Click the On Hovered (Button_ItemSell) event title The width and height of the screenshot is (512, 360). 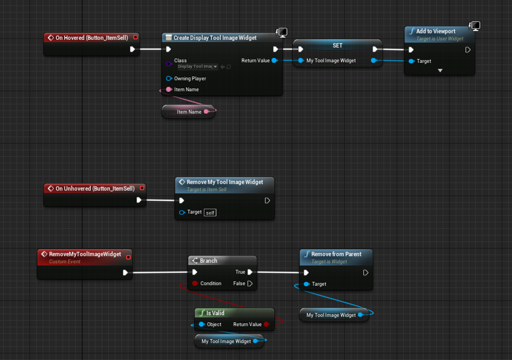(92, 38)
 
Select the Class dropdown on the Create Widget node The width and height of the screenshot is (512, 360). (198, 66)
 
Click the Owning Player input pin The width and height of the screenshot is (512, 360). (169, 78)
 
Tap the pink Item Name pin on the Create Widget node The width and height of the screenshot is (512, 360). (169, 89)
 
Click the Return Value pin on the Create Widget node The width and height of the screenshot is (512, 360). (275, 60)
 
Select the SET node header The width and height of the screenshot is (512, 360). (337, 46)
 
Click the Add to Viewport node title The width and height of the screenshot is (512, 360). (436, 31)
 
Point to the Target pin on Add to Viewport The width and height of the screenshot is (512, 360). (411, 61)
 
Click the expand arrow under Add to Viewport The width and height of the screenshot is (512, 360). (440, 70)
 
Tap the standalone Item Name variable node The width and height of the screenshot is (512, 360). (189, 112)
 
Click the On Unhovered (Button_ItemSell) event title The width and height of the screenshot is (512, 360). (95, 189)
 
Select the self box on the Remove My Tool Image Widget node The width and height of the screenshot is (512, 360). (210, 213)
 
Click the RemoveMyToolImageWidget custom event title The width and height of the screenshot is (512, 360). (85, 254)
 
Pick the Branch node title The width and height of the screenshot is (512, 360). (209, 261)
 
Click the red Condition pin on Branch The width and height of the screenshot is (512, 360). (195, 284)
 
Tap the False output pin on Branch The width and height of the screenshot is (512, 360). (250, 284)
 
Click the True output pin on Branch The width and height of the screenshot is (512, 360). (250, 272)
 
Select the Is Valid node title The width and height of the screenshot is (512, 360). (215, 313)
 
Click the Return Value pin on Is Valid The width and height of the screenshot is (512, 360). (266, 324)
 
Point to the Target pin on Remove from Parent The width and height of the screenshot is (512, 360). (306, 284)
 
